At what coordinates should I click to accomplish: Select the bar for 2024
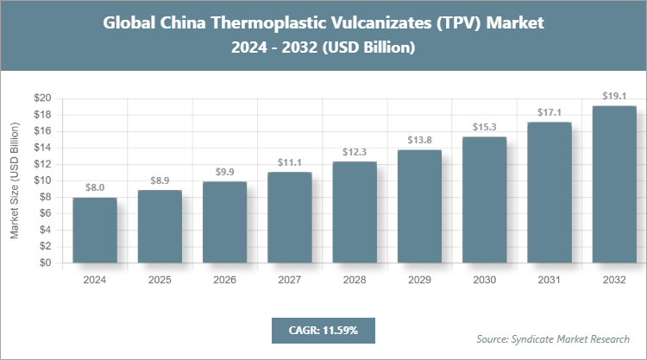95,231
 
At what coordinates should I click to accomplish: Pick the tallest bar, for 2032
614,185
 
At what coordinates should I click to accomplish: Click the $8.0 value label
95,186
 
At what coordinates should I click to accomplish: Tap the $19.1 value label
614,95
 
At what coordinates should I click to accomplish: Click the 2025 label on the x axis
160,281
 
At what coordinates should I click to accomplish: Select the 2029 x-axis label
419,281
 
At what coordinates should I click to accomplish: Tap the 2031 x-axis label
550,281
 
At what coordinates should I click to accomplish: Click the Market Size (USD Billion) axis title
15,181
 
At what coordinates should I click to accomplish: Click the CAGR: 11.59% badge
323,330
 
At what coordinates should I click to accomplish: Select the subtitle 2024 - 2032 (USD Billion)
323,48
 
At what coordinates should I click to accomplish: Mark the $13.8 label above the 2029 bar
419,139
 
